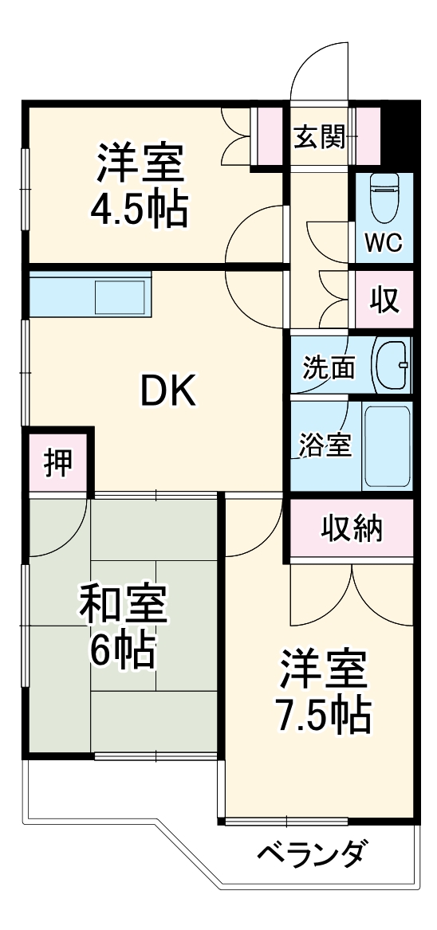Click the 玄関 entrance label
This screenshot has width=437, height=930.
point(319,138)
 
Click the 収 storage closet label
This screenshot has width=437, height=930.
point(384,300)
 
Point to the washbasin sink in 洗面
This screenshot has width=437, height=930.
point(392,364)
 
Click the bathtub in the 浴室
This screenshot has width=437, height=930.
point(387,447)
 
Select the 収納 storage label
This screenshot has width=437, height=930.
point(352,528)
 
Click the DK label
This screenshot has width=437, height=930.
point(168,390)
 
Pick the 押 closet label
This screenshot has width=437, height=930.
point(57,464)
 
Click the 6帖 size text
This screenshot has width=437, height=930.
point(121,651)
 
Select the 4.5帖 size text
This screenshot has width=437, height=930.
point(140,210)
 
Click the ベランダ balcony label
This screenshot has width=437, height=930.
point(313,854)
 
